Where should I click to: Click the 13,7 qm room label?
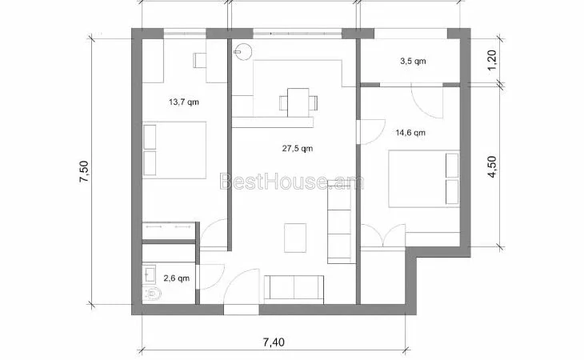[184, 102]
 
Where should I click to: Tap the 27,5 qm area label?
[298, 149]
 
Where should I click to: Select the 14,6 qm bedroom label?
[410, 133]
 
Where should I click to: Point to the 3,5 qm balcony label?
[413, 61]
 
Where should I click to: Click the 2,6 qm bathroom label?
[177, 278]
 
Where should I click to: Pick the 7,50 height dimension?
[84, 171]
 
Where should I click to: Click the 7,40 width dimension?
[274, 342]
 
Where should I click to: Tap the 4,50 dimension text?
[492, 166]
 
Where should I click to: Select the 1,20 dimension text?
[492, 59]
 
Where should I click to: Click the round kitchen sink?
[243, 51]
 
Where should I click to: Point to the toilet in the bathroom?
[151, 294]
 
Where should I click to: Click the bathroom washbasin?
[150, 274]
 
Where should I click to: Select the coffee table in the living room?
[295, 238]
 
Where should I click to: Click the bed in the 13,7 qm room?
[174, 150]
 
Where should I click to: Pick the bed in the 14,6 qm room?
[424, 178]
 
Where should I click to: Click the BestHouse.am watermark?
[292, 182]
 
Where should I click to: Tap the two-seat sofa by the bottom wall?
[294, 287]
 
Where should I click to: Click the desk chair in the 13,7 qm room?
[200, 60]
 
